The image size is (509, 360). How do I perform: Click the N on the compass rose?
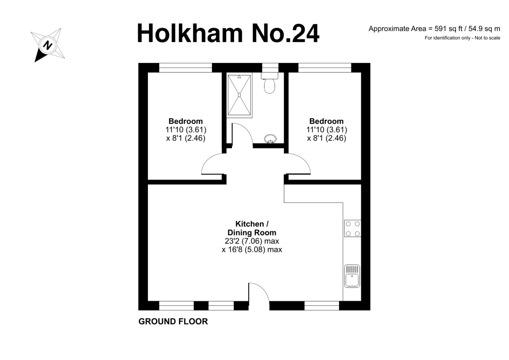click(x=48, y=45)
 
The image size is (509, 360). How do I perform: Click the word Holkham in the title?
click(x=190, y=34)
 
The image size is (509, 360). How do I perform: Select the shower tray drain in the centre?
click(x=239, y=95)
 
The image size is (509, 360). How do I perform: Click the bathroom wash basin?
click(x=270, y=139)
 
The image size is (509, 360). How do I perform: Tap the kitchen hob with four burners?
click(x=352, y=228)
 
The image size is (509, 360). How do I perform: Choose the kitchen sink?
click(x=352, y=276)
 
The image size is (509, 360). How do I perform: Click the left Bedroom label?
click(x=186, y=121)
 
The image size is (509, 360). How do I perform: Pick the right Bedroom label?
click(x=327, y=121)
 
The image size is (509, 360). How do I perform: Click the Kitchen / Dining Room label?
click(x=252, y=228)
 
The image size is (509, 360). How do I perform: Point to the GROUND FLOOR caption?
click(x=173, y=322)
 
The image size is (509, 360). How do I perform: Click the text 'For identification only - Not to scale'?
click(x=462, y=38)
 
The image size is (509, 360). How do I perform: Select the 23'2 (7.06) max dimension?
click(x=252, y=241)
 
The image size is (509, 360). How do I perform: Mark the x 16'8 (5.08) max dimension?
click(x=252, y=250)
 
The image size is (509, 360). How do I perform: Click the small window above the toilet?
click(x=270, y=68)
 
